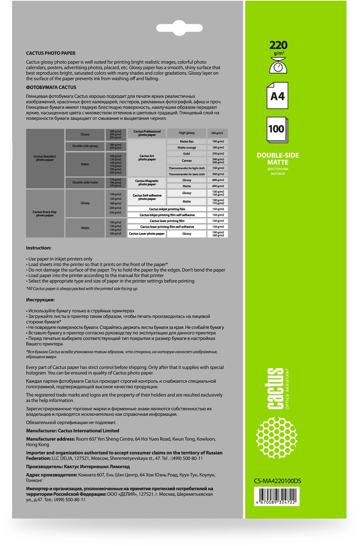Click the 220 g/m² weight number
[x=278, y=45]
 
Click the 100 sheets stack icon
[x=277, y=130]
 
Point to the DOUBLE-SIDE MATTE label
[x=278, y=159]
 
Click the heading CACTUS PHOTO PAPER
[x=50, y=53]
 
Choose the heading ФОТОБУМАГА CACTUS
[x=51, y=87]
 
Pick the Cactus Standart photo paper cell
[x=45, y=158]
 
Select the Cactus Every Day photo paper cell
[x=45, y=214]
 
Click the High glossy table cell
[x=187, y=133]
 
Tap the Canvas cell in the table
[x=187, y=161]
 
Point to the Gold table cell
[x=187, y=154]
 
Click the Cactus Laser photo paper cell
[x=147, y=233]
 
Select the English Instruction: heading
[x=38, y=248]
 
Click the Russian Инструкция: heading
[x=40, y=300]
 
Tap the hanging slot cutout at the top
[x=180, y=28]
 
